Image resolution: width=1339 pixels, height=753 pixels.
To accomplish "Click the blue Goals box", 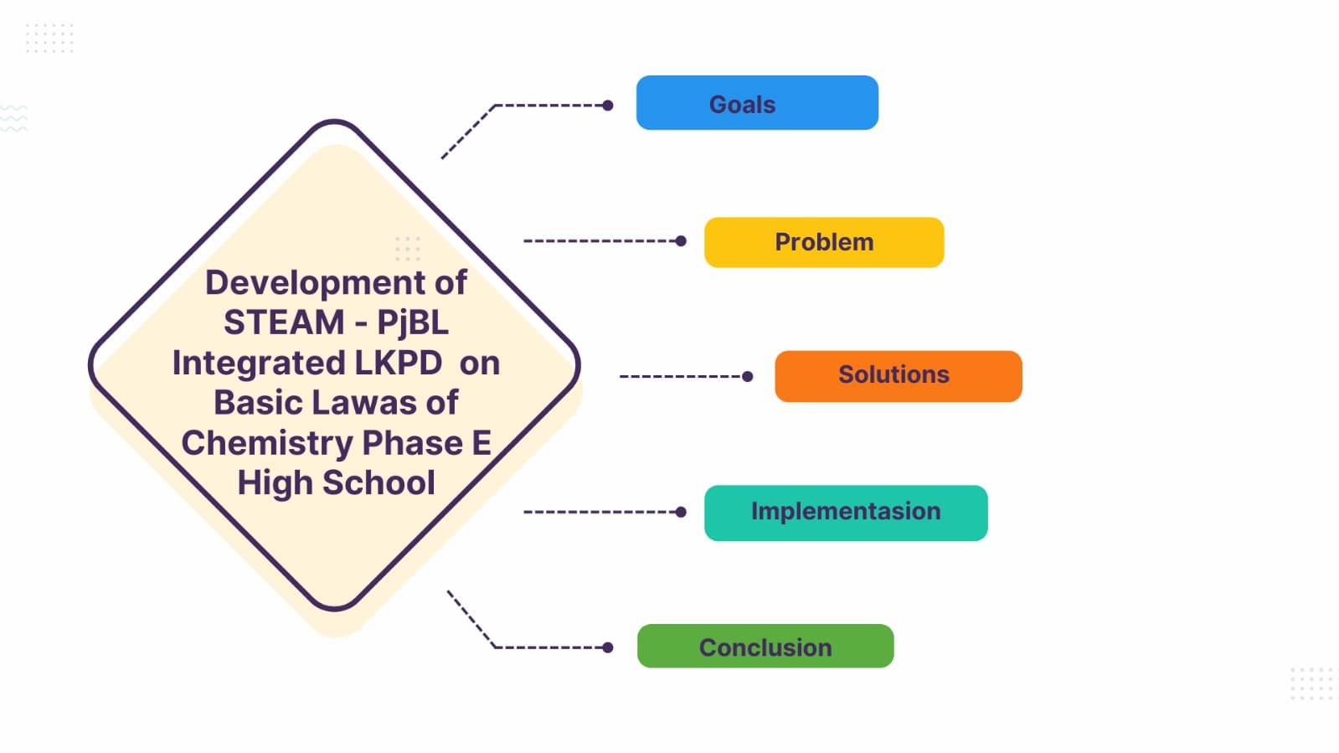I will coord(757,103).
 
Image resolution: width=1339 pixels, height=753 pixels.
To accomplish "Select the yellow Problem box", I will coord(824,242).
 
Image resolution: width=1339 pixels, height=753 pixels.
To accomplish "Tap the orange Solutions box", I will coord(898,376).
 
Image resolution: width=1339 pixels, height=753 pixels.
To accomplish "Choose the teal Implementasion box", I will coord(846,512).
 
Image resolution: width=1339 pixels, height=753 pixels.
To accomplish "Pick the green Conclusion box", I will coord(765,646).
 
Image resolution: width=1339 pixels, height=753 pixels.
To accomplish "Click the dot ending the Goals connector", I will coord(608,106).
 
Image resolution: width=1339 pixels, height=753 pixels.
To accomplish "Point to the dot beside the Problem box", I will coord(681,241).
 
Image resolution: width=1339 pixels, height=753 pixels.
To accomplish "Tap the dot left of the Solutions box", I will coord(748,377).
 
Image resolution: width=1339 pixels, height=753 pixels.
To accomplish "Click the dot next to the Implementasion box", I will coord(681,512).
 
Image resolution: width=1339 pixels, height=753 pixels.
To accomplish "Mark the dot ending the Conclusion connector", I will coord(608,647).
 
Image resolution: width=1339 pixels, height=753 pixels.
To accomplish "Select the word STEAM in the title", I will coord(284,323).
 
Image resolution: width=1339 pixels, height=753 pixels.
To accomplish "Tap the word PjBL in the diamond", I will coord(412,323).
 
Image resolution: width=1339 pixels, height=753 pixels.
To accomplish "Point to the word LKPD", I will coord(398,364).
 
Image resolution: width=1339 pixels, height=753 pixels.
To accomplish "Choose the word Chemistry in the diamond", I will coord(266,443).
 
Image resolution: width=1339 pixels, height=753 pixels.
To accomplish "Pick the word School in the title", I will coord(379,483).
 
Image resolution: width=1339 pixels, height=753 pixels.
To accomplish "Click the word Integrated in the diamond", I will coord(259,364).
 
